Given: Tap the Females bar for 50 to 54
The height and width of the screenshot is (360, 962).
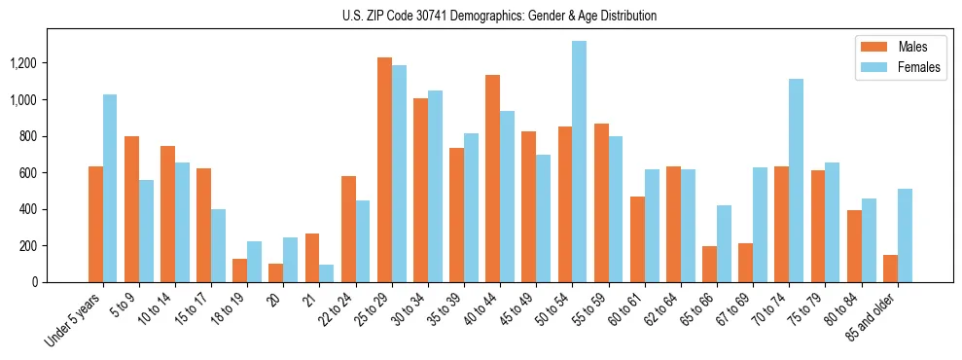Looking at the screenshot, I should click(579, 162).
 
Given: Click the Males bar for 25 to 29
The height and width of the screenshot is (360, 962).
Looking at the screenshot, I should click(384, 170).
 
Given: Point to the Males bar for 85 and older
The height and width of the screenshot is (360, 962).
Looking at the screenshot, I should click(890, 269).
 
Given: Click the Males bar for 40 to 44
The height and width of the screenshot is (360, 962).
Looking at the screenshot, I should click(492, 179).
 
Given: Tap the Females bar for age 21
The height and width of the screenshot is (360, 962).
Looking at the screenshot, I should click(327, 273).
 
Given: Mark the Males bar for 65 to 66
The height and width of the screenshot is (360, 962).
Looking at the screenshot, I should click(709, 265).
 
